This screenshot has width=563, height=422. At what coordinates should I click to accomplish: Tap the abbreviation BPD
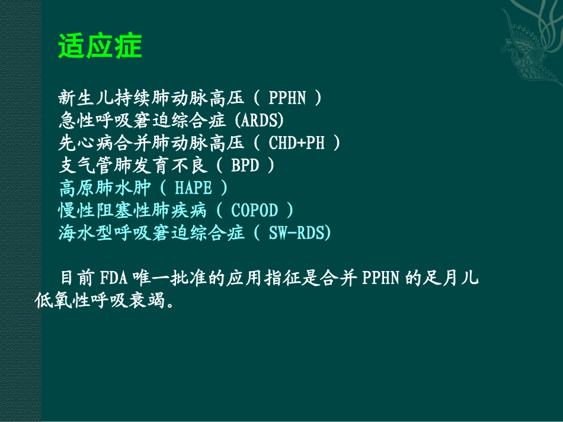click(245, 165)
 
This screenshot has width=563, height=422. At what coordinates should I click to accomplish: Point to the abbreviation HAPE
click(193, 188)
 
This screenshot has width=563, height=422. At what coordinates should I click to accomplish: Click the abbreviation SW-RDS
click(296, 233)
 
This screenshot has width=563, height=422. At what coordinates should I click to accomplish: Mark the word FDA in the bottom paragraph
click(110, 278)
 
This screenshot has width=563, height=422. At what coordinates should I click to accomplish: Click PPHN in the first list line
click(287, 98)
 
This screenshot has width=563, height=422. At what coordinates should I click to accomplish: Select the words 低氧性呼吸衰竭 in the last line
click(97, 301)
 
